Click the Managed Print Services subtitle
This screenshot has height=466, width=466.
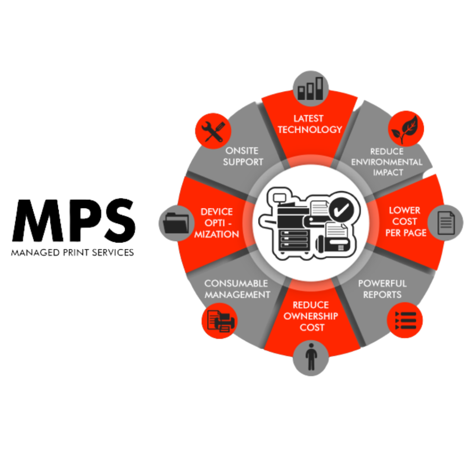pos(72,252)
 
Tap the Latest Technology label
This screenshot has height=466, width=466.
pos(309,124)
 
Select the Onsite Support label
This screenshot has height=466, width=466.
pos(243,156)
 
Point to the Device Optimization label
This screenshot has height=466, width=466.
pos(217,223)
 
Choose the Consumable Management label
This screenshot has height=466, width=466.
pos(237,289)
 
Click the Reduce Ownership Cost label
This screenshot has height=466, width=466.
pos(311,316)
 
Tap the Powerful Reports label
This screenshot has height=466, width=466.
pos(382,289)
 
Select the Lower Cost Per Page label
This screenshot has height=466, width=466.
pos(405,222)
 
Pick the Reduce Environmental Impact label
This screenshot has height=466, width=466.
pos(387,162)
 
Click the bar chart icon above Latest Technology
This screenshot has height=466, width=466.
pos(310,88)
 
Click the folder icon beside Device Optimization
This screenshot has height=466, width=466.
pos(176,223)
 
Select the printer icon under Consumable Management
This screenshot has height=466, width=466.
pos(219,320)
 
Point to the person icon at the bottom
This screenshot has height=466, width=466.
pos(311,358)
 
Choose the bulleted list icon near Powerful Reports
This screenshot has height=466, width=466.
pos(405,320)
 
